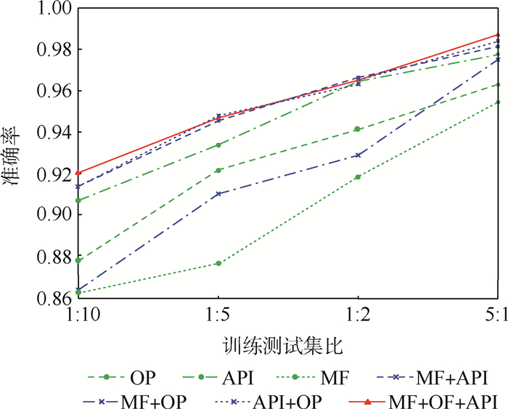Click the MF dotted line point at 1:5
218,263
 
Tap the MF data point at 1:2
358,177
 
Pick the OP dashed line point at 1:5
218,170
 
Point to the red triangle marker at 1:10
78,172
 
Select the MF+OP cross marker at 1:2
358,155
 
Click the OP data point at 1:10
78,260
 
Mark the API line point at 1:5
218,145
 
